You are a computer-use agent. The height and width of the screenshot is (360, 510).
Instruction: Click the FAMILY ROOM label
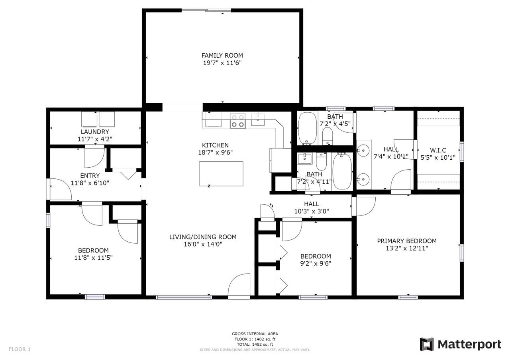(x=222, y=55)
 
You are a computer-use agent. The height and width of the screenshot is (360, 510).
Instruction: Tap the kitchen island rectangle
(x=221, y=173)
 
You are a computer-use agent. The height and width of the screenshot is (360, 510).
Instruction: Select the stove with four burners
(x=238, y=121)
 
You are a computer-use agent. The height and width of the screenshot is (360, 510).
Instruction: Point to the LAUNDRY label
(x=95, y=132)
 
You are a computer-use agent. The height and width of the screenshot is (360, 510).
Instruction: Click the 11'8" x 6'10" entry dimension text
(x=90, y=183)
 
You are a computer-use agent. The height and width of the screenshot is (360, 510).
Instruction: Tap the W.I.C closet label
(x=438, y=150)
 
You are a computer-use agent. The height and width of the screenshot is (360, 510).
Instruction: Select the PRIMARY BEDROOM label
(x=407, y=241)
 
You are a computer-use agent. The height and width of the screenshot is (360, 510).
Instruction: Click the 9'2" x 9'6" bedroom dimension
(x=316, y=263)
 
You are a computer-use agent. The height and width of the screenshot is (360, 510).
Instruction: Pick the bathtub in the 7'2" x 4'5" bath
(x=307, y=129)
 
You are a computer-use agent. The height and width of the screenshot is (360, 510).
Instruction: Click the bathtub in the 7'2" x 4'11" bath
(x=342, y=171)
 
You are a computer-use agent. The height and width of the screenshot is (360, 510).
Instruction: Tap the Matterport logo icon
(x=427, y=344)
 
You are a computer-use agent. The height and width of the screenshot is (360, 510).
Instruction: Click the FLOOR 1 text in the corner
(x=20, y=349)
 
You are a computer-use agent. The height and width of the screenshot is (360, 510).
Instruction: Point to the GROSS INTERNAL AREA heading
(x=255, y=334)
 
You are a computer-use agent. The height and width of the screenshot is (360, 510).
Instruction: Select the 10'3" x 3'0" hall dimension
(x=312, y=211)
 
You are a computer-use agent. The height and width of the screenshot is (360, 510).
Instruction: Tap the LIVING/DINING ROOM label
(x=203, y=237)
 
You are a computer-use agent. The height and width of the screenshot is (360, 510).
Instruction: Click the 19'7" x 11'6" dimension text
(x=222, y=63)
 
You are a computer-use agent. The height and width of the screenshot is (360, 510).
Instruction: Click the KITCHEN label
(x=215, y=145)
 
